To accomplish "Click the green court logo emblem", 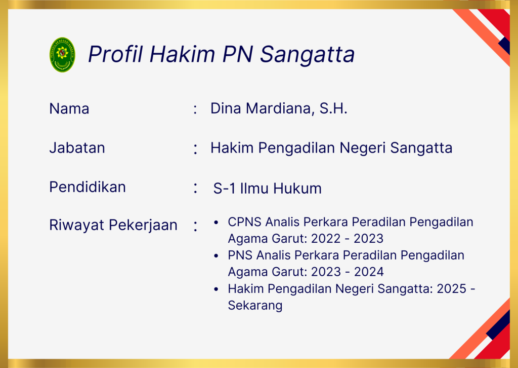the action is click(x=62, y=55).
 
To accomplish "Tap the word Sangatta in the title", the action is click(x=307, y=54).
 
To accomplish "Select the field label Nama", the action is click(x=69, y=108).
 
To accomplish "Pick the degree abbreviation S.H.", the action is click(x=333, y=108).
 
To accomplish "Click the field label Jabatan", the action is click(x=77, y=148).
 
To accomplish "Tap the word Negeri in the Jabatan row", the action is click(x=362, y=148).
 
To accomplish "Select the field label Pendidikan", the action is click(x=88, y=187).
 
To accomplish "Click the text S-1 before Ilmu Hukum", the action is click(x=224, y=188).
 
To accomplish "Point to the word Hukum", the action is click(x=297, y=188).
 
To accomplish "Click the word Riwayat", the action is click(x=77, y=225).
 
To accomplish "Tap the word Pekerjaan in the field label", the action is click(x=143, y=226).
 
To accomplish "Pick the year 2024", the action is click(x=369, y=272).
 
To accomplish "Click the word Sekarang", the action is click(x=255, y=305).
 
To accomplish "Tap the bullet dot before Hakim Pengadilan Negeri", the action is click(x=216, y=289).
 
